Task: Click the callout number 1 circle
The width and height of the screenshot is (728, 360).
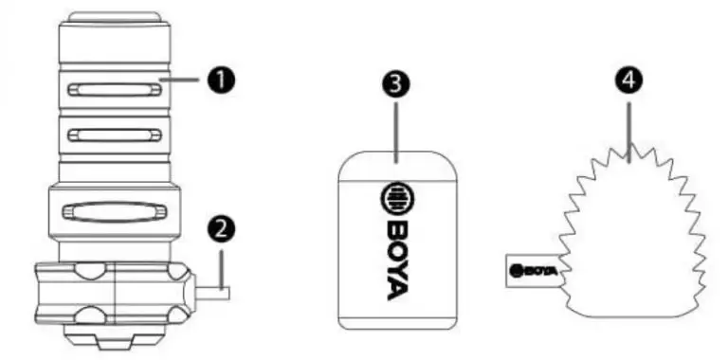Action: (x=221, y=81)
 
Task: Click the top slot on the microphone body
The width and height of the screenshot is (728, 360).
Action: (x=115, y=90)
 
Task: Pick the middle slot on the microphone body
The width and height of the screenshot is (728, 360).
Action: (x=115, y=135)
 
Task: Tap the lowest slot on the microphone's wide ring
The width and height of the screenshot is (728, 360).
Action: (x=114, y=212)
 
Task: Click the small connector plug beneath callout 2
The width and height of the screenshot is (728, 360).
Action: (x=211, y=293)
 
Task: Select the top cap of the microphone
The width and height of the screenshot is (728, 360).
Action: (x=115, y=18)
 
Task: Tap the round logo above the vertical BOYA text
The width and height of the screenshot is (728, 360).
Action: (x=397, y=196)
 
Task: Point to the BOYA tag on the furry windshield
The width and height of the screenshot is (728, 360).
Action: (x=533, y=271)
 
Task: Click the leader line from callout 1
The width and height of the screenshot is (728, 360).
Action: (x=181, y=81)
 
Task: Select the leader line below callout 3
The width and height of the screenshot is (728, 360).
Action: (x=395, y=133)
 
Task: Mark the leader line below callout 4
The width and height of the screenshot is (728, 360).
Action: (x=629, y=133)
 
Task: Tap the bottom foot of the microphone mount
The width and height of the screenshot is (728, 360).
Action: (x=115, y=337)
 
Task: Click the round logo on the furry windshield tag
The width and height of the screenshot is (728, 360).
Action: (x=515, y=271)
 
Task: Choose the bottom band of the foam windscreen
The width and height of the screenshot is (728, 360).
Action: (x=397, y=323)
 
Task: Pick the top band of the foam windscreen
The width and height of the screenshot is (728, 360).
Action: (x=397, y=167)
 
